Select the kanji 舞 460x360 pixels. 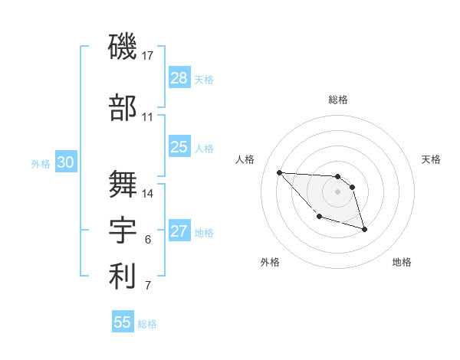tap(123, 183)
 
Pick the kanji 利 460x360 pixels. tap(123, 277)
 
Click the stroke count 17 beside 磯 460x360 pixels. tap(148, 55)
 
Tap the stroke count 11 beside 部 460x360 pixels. tap(148, 116)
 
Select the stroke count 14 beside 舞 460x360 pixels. tap(149, 193)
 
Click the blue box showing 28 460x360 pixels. tap(179, 78)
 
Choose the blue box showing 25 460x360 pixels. tap(179, 147)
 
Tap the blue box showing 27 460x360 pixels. tap(179, 231)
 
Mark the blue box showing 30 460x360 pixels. tap(65, 162)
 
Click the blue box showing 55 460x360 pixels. tap(123, 322)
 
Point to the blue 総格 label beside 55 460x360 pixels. tap(148, 324)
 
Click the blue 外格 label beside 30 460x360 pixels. tap(41, 163)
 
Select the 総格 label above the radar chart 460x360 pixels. tap(337, 100)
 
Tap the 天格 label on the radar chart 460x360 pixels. tap(432, 159)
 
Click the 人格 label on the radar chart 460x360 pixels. tap(245, 159)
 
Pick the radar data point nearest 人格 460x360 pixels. tap(279, 172)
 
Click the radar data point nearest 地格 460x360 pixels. tap(364, 229)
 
